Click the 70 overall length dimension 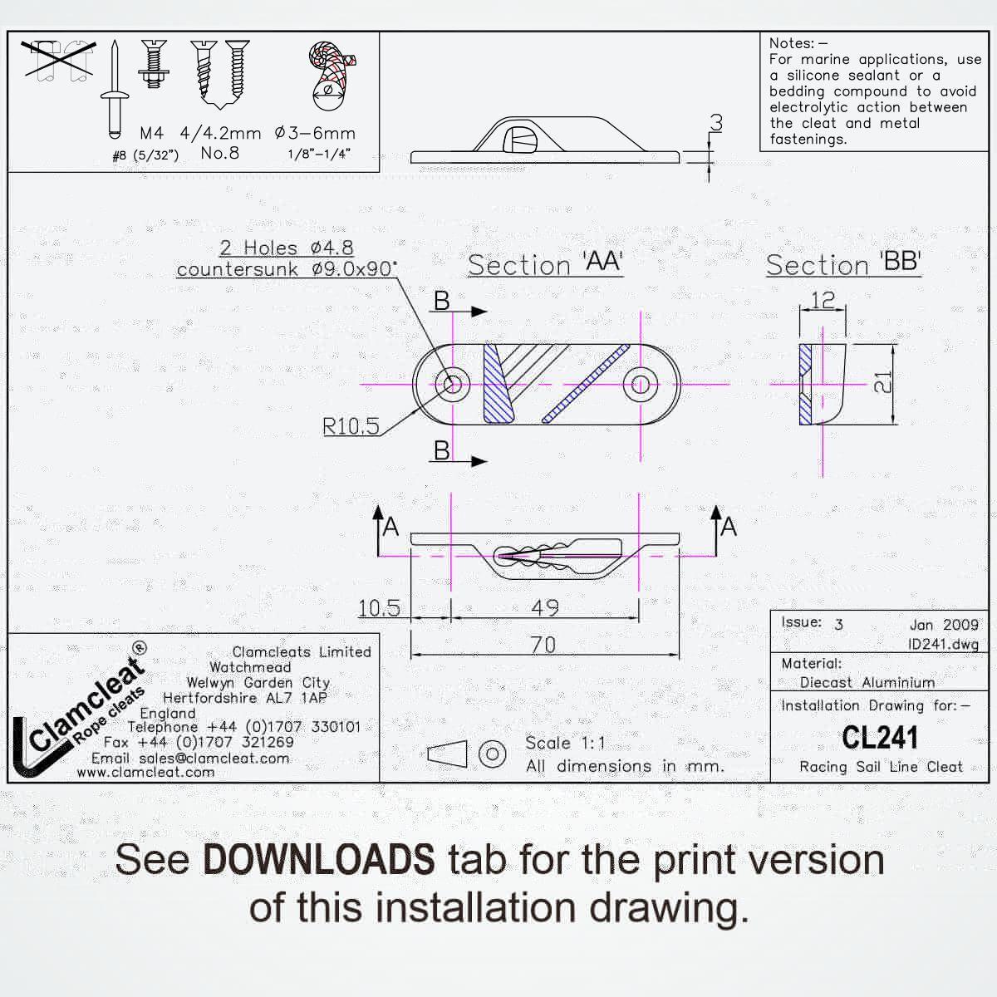[x=543, y=645]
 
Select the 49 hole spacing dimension [x=545, y=607]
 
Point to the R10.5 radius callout [x=351, y=426]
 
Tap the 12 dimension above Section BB [x=823, y=300]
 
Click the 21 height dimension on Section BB [x=882, y=382]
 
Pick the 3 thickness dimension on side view [x=716, y=123]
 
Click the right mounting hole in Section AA [x=641, y=385]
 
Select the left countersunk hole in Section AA [x=453, y=385]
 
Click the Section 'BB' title [x=843, y=264]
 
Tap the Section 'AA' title [x=545, y=264]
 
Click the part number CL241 [x=880, y=737]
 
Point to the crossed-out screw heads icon [x=58, y=61]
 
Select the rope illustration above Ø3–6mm [x=332, y=76]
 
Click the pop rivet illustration [x=115, y=90]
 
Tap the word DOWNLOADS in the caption [x=319, y=861]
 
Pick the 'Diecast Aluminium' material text [x=867, y=682]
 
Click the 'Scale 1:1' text [x=565, y=743]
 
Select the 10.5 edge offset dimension [x=379, y=608]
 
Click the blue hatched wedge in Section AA [x=498, y=384]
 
